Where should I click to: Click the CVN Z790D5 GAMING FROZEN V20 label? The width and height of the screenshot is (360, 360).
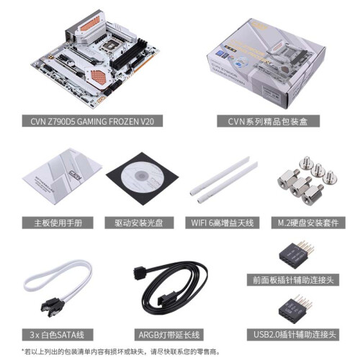pyautogui.click(x=92, y=121)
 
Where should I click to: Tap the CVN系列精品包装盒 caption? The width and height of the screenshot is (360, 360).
pyautogui.click(x=268, y=121)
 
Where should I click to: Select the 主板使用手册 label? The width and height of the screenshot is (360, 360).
pyautogui.click(x=58, y=222)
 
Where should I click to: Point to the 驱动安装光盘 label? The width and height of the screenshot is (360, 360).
pyautogui.click(x=139, y=222)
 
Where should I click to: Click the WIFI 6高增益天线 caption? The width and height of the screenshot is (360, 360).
pyautogui.click(x=222, y=222)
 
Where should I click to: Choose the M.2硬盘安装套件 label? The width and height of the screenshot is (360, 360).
pyautogui.click(x=308, y=222)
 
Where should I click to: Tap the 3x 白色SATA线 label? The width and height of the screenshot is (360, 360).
pyautogui.click(x=58, y=335)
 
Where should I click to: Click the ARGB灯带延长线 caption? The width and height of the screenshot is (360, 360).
pyautogui.click(x=169, y=335)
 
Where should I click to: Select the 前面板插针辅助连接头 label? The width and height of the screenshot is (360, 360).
pyautogui.click(x=293, y=280)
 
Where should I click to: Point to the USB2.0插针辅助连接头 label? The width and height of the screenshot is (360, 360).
pyautogui.click(x=293, y=335)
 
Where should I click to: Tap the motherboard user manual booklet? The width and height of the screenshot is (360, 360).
pyautogui.click(x=62, y=176)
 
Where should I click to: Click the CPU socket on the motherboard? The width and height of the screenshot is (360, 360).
pyautogui.click(x=111, y=45)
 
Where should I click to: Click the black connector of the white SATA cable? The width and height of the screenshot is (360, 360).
pyautogui.click(x=53, y=307)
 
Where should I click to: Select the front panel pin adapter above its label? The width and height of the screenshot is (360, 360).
pyautogui.click(x=297, y=255)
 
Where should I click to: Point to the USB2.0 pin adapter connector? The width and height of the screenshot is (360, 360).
pyautogui.click(x=296, y=309)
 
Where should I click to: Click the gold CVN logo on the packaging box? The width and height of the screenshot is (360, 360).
pyautogui.click(x=259, y=26)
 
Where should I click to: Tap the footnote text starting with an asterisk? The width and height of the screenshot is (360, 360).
pyautogui.click(x=121, y=352)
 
